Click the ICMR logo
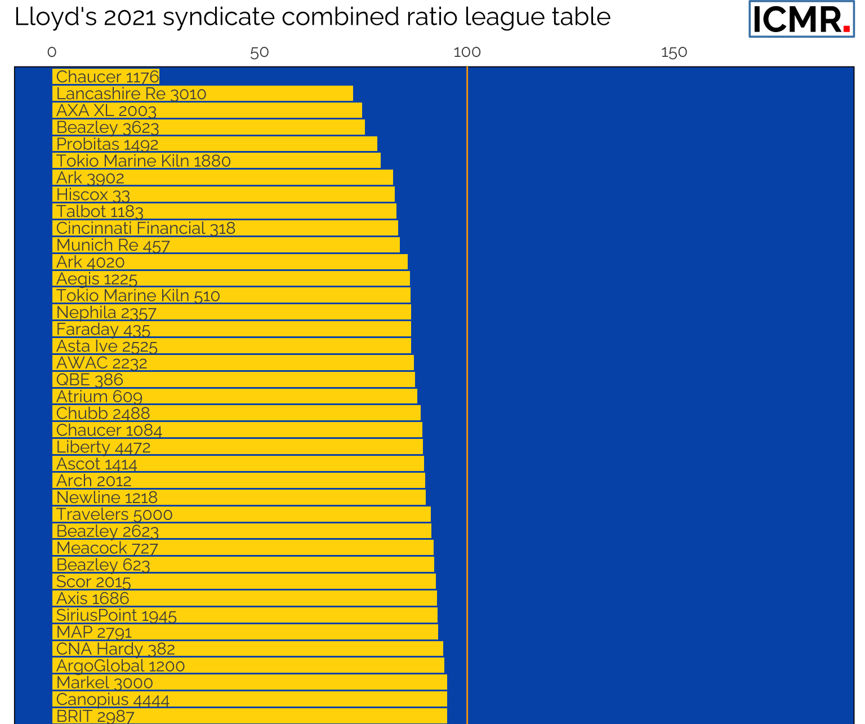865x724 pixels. (801, 19)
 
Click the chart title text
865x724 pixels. (312, 17)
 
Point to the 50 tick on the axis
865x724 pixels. (259, 52)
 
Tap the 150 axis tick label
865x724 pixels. (674, 52)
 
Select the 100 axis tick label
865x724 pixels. (467, 52)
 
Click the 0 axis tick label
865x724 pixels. (52, 52)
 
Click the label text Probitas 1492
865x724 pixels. (107, 144)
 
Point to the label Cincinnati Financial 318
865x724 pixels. (145, 228)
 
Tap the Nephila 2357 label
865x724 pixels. (106, 313)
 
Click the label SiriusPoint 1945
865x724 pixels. (116, 615)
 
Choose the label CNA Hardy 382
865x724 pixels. (115, 649)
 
